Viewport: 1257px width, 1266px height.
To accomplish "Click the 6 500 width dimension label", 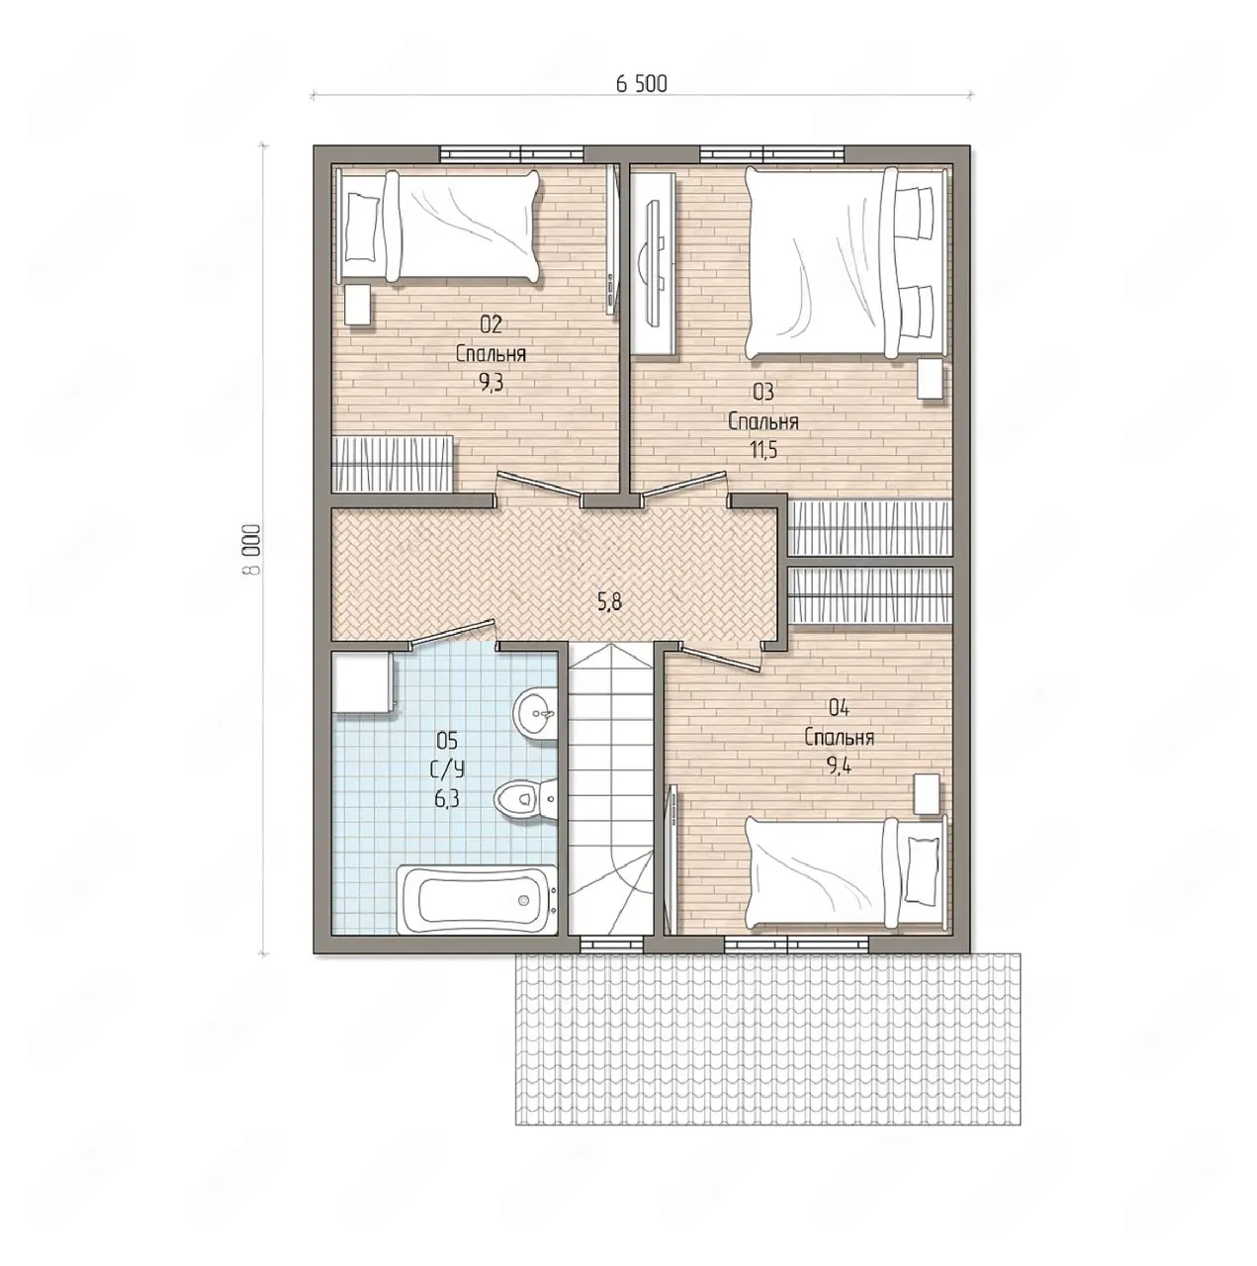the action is point(641,84).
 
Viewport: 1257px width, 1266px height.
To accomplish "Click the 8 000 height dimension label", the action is point(251,550).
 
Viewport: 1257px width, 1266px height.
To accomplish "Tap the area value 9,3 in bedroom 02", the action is point(491,384).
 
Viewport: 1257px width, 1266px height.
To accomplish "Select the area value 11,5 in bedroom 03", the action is point(763,450).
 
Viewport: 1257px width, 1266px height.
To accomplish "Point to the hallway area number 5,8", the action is point(609,602).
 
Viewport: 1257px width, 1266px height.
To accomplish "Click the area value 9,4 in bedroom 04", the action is point(839,766).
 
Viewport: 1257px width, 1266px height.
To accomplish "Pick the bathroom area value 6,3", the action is point(446,799).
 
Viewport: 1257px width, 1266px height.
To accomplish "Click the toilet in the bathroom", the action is point(525,799).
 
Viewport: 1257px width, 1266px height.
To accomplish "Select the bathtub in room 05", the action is point(477,899).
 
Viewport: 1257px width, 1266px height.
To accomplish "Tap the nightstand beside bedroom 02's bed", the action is point(358,305).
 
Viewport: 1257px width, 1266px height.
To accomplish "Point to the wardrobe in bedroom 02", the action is point(393,463).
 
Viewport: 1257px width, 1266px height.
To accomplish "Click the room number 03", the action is point(763,393).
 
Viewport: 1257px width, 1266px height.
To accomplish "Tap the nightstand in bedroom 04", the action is point(927,795).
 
